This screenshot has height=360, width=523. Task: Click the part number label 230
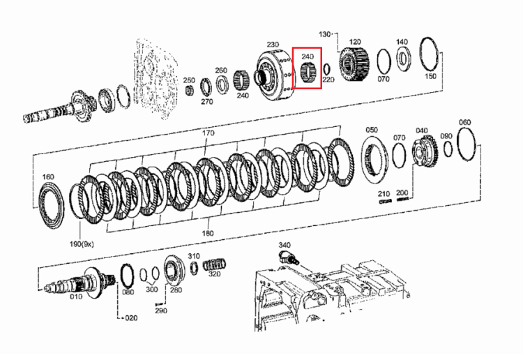[273, 45]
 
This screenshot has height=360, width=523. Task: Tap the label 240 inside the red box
[307, 57]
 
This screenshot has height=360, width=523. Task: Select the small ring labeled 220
[326, 69]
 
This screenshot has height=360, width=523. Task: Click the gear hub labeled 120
[354, 64]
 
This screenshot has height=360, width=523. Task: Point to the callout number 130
[325, 34]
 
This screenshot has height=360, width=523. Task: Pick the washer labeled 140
[404, 59]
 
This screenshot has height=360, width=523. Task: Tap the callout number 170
[208, 133]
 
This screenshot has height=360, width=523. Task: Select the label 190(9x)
[82, 244]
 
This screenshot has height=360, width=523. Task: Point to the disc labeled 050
[375, 158]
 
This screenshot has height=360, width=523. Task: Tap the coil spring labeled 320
[215, 264]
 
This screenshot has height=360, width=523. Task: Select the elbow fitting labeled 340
[287, 257]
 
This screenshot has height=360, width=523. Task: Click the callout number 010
[76, 297]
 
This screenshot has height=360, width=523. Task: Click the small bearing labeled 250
[190, 90]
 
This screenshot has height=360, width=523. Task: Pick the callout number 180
[208, 233]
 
